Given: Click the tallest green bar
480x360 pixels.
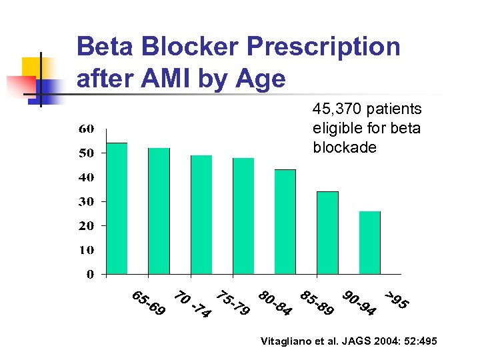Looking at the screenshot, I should click(117, 208).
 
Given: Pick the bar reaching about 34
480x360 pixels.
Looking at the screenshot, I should click(327, 233).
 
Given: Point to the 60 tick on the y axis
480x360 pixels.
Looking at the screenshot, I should click(87, 129).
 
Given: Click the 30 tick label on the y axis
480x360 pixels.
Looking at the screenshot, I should click(87, 201).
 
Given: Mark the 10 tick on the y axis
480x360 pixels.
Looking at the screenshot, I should click(87, 250).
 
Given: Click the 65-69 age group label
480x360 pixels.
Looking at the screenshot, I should click(149, 303).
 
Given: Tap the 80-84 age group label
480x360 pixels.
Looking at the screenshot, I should click(275, 303).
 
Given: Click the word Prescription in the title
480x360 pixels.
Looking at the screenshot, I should click(323, 47).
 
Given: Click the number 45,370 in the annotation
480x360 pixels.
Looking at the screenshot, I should click(337, 109).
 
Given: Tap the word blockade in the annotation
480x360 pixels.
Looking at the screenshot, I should click(345, 147).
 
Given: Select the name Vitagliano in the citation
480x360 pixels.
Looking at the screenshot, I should click(289, 341).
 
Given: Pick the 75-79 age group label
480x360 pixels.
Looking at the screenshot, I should click(233, 303).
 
